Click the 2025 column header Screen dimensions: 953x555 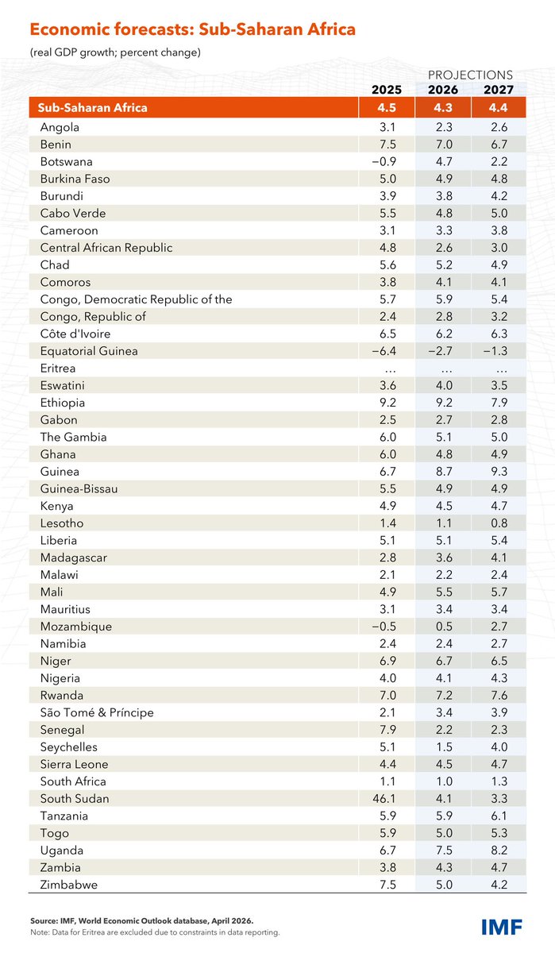pyautogui.click(x=387, y=89)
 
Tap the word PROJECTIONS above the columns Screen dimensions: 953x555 pyautogui.click(x=471, y=74)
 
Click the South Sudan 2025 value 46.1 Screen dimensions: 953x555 pyautogui.click(x=387, y=799)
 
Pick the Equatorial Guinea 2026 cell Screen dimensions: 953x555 pyautogui.click(x=442, y=351)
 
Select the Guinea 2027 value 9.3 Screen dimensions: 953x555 pyautogui.click(x=499, y=472)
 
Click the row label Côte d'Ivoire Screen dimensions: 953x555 pyautogui.click(x=75, y=334)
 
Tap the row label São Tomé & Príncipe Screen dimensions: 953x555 pyautogui.click(x=97, y=712)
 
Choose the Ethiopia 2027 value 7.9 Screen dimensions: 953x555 pyautogui.click(x=499, y=403)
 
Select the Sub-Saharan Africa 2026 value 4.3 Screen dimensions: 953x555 pyautogui.click(x=443, y=108)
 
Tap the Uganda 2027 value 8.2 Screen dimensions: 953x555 pyautogui.click(x=499, y=851)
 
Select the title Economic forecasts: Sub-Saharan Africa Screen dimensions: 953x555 pyautogui.click(x=192, y=30)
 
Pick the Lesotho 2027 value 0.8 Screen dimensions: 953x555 pyautogui.click(x=499, y=523)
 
